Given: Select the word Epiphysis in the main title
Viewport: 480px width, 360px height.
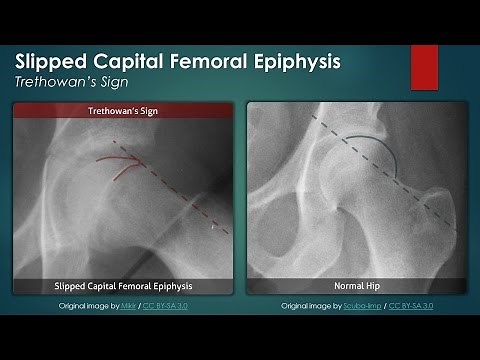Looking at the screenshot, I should coord(295,61).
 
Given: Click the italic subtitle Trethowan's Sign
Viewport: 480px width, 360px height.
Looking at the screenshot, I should coord(72,83).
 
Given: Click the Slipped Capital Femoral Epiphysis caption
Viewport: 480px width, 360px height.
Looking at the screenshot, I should coord(122,286).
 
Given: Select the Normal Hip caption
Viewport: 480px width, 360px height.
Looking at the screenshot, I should coord(353,286).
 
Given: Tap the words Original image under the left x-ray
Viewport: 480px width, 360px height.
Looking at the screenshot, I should coord(80,305).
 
